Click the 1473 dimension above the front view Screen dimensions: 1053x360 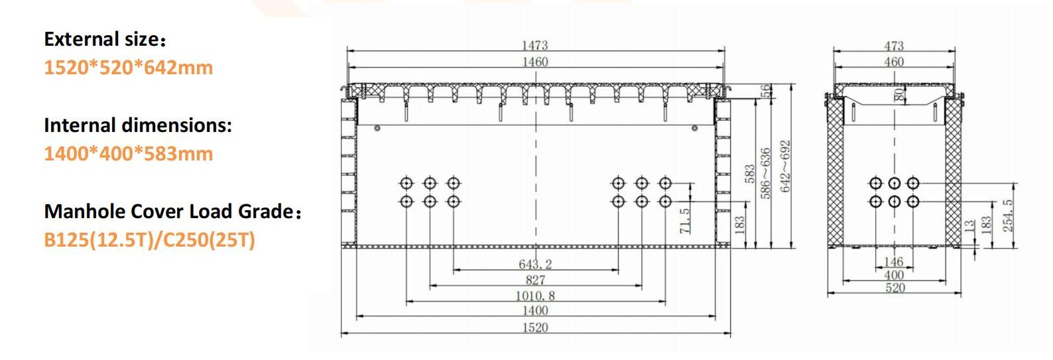(x=534, y=45)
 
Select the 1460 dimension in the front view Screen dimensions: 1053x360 (x=534, y=62)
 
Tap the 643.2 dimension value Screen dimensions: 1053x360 (x=535, y=264)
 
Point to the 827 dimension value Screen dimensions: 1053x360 (x=535, y=280)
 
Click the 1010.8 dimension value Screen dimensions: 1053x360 (x=535, y=296)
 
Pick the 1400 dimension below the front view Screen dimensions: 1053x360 (x=535, y=310)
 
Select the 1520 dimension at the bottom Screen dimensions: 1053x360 (x=535, y=328)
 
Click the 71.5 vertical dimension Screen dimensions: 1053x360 (x=684, y=220)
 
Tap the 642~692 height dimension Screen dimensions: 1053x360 (x=786, y=166)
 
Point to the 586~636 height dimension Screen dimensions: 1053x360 (x=766, y=174)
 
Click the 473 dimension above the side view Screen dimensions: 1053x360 (x=894, y=46)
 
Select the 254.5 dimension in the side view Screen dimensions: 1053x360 (x=1008, y=215)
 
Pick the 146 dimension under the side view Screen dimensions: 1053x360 (x=894, y=263)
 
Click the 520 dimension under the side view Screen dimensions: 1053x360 (x=895, y=288)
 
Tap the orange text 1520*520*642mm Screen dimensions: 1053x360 (x=129, y=68)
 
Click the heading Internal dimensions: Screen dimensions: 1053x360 (x=138, y=125)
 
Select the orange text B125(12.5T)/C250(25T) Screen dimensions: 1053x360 (x=150, y=239)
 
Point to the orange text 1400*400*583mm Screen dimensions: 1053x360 (x=129, y=154)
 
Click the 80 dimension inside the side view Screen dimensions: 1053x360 (x=899, y=95)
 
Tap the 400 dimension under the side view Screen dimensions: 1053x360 (x=894, y=275)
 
